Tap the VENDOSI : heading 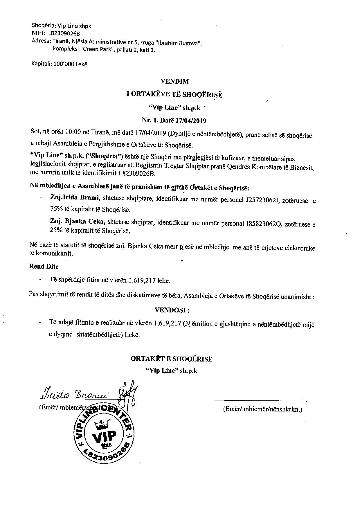pos(172,310)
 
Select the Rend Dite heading pos(44,266)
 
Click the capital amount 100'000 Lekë pos(70,64)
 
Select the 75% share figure pos(55,209)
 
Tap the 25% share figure pos(55,231)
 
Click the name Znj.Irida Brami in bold pos(75,198)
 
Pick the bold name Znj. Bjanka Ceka pos(77,222)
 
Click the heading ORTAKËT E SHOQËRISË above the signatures pos(171,359)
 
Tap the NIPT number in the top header pos(64,33)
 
